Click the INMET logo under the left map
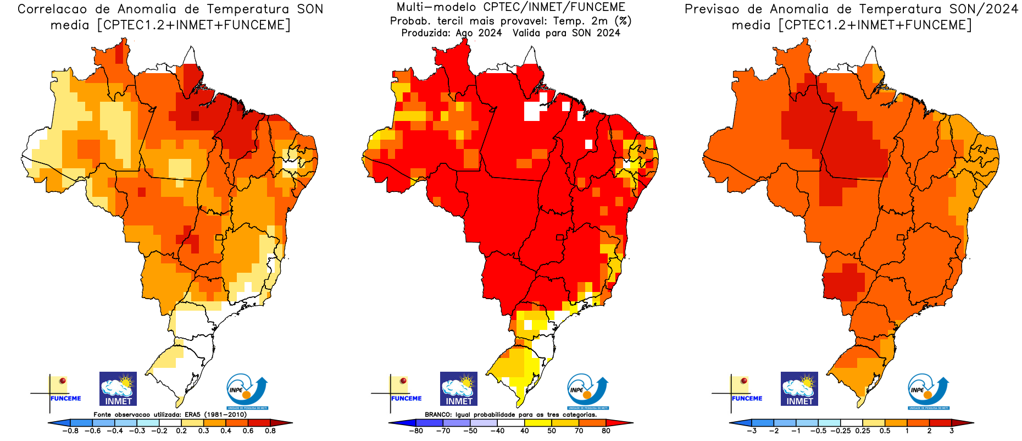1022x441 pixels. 118,389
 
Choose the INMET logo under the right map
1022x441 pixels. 799,389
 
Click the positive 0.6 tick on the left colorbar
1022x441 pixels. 248,431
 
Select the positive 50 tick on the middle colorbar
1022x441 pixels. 552,431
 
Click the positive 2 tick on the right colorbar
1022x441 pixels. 929,431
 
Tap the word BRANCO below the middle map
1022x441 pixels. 438,415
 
